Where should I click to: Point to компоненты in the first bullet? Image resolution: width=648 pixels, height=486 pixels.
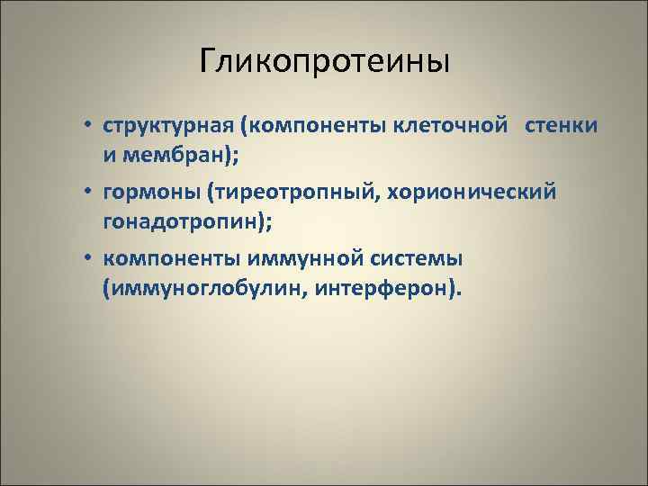click(311, 123)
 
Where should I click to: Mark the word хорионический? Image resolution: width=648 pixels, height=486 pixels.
click(456, 192)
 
